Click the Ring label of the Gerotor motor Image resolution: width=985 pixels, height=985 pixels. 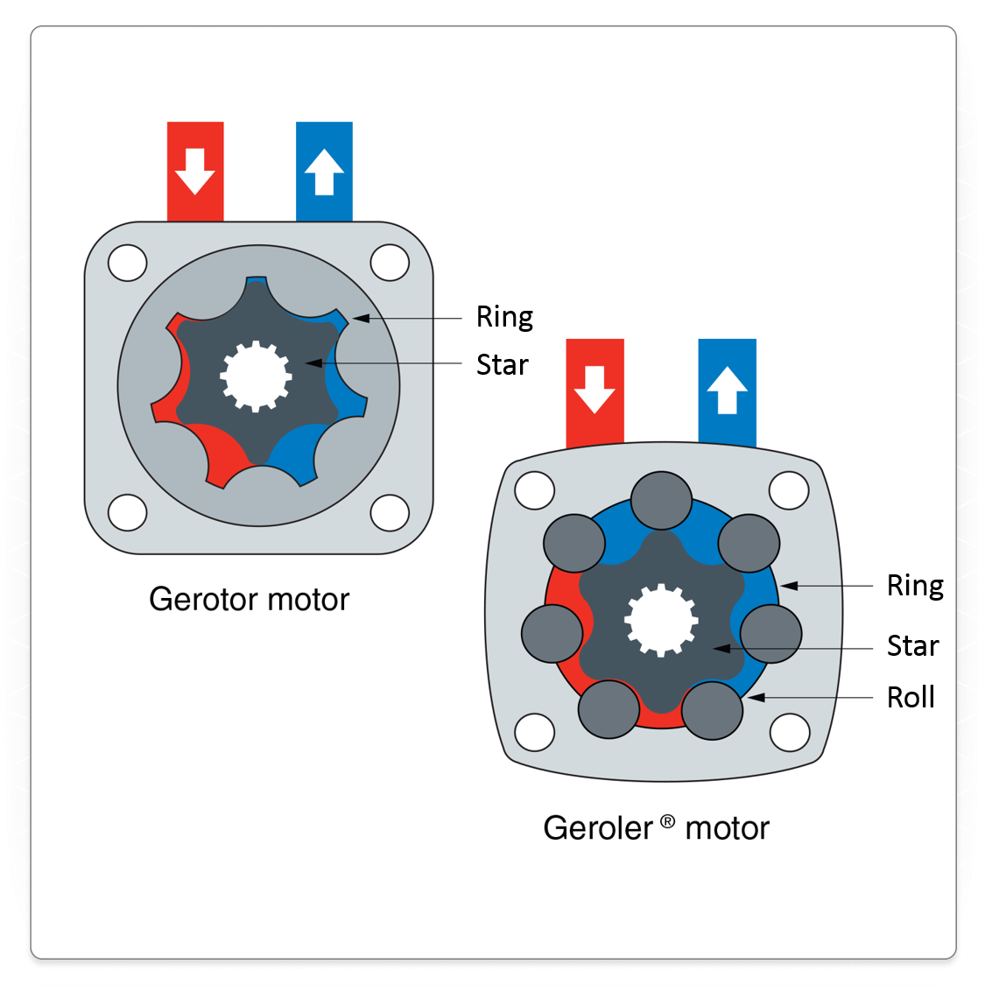click(x=504, y=317)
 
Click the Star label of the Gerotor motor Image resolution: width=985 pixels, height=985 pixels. click(x=502, y=364)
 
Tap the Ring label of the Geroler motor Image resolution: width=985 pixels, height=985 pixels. click(x=915, y=585)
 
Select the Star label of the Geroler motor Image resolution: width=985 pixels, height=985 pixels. click(x=912, y=646)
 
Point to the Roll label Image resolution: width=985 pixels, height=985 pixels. click(x=911, y=698)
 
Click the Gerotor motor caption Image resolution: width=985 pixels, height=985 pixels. click(x=249, y=600)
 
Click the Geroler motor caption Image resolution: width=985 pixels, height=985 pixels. click(x=656, y=828)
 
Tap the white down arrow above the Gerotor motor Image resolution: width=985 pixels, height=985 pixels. click(x=194, y=171)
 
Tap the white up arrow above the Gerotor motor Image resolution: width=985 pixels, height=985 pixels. click(x=324, y=171)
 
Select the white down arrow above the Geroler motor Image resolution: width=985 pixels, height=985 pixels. click(x=595, y=389)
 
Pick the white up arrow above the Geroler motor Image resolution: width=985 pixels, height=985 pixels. click(x=727, y=389)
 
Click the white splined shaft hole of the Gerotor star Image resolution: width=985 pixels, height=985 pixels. click(x=256, y=376)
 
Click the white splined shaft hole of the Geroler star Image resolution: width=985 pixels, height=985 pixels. click(x=660, y=620)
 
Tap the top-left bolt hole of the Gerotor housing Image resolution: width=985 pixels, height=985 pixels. click(x=128, y=262)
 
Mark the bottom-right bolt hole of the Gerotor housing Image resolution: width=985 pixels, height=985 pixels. click(x=390, y=512)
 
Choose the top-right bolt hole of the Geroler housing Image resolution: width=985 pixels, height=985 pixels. click(x=788, y=490)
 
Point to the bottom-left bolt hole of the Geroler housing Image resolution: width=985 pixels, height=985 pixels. click(x=534, y=732)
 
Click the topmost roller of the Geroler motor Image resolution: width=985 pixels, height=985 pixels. click(x=661, y=500)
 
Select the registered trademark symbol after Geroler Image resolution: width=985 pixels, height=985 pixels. click(x=668, y=821)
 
